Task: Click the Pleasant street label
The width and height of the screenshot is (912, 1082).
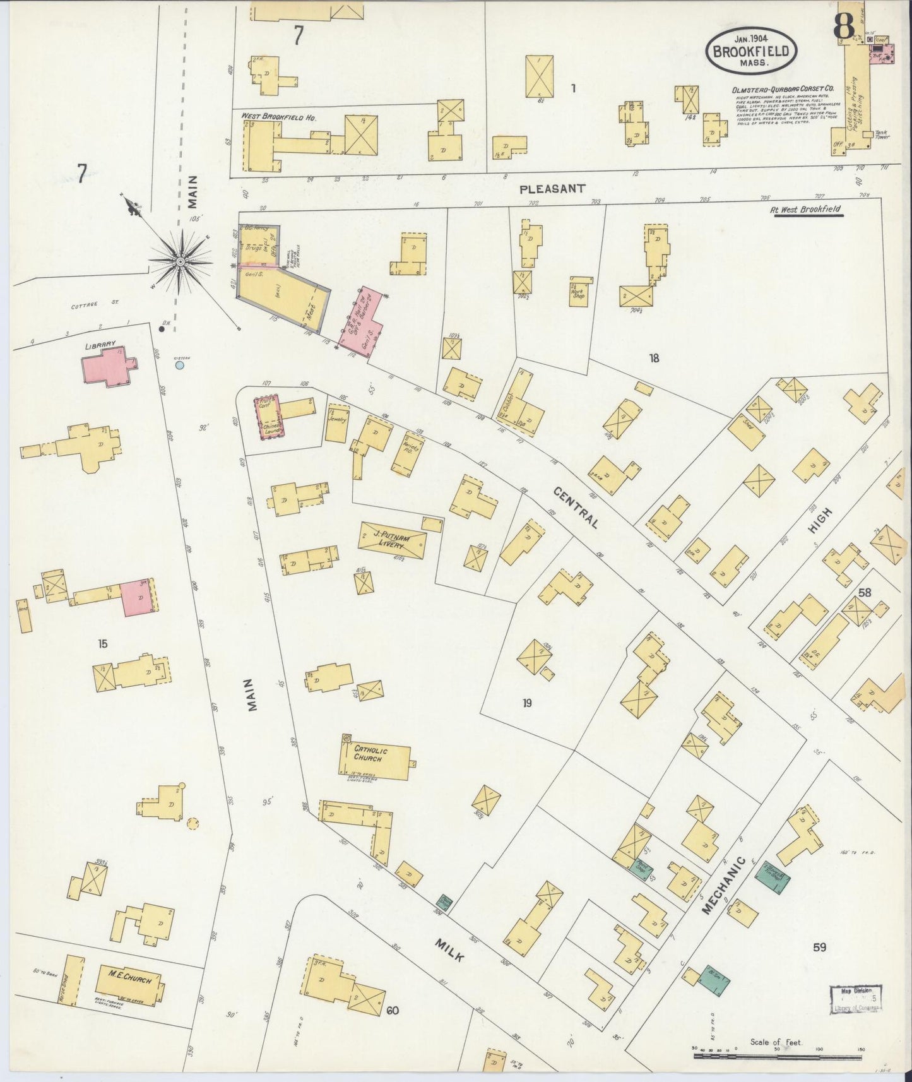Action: (553, 188)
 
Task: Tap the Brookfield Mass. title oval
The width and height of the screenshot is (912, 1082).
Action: (751, 50)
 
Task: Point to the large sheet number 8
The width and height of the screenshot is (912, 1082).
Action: (844, 25)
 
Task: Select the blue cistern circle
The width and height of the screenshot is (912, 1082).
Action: (180, 365)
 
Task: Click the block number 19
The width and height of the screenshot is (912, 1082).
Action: (527, 703)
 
